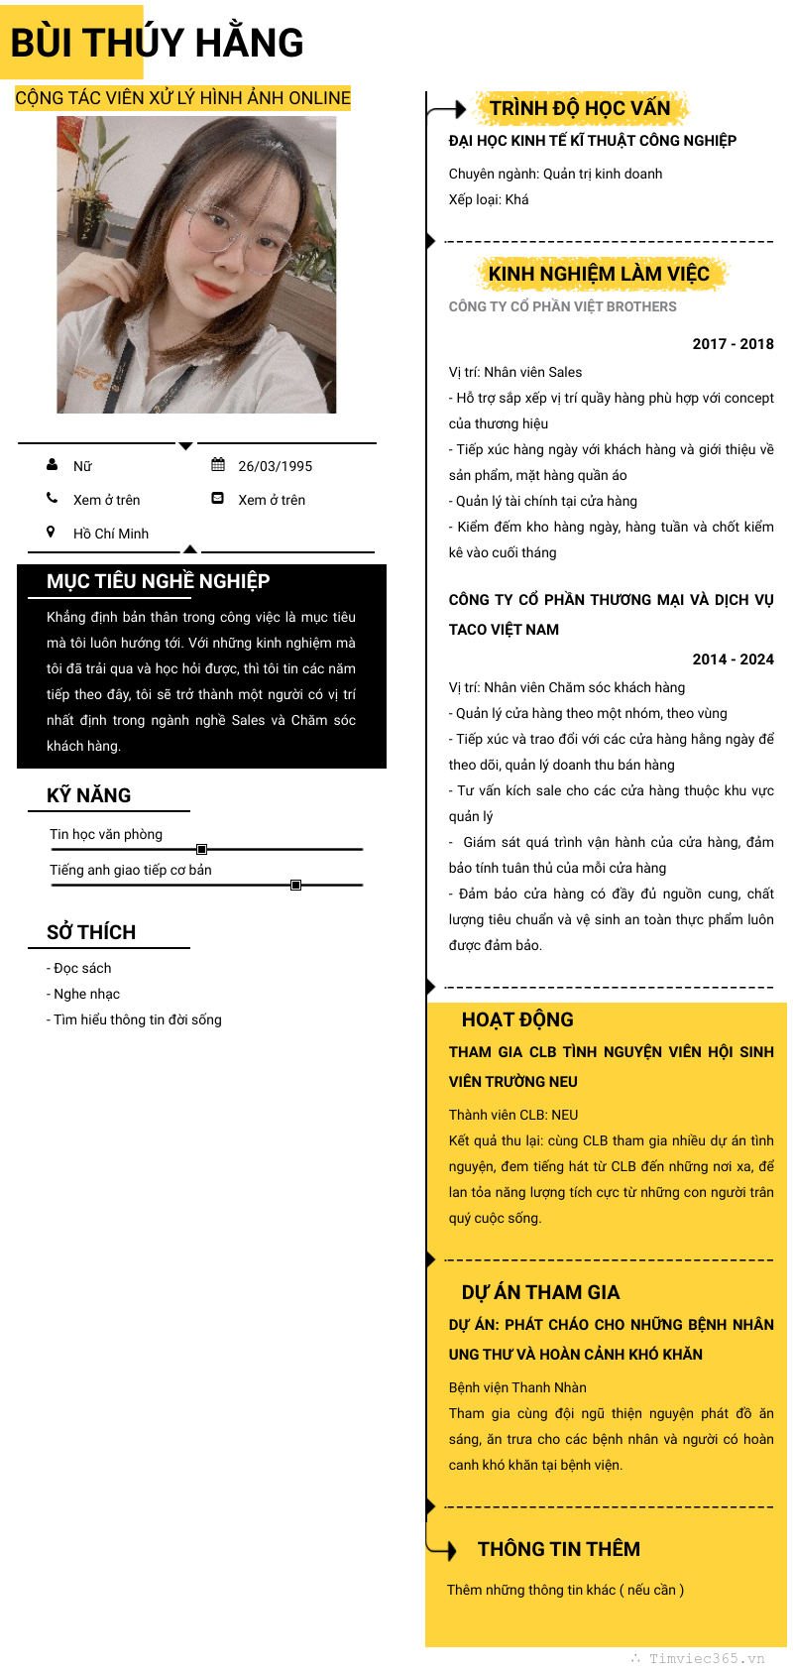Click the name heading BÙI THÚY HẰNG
[x=157, y=43]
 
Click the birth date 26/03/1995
[x=275, y=466]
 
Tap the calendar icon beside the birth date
[x=218, y=464]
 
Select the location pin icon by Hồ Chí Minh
[x=52, y=532]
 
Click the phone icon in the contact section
[x=52, y=498]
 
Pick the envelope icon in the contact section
[x=218, y=498]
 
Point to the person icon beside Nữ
[x=52, y=464]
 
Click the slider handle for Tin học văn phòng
[x=201, y=849]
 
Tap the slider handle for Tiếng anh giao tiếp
[x=295, y=885]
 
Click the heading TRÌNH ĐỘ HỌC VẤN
[x=580, y=107]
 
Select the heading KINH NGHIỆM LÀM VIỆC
[x=599, y=274]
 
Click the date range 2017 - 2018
[x=733, y=344]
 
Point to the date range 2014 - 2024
[x=733, y=659]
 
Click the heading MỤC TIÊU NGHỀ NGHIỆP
[x=159, y=581]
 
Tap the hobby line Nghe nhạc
[x=86, y=994]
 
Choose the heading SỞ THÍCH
[x=91, y=932]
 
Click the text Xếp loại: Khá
[x=489, y=199]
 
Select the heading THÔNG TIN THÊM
[x=559, y=1549]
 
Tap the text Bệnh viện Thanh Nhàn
[x=517, y=1387]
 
